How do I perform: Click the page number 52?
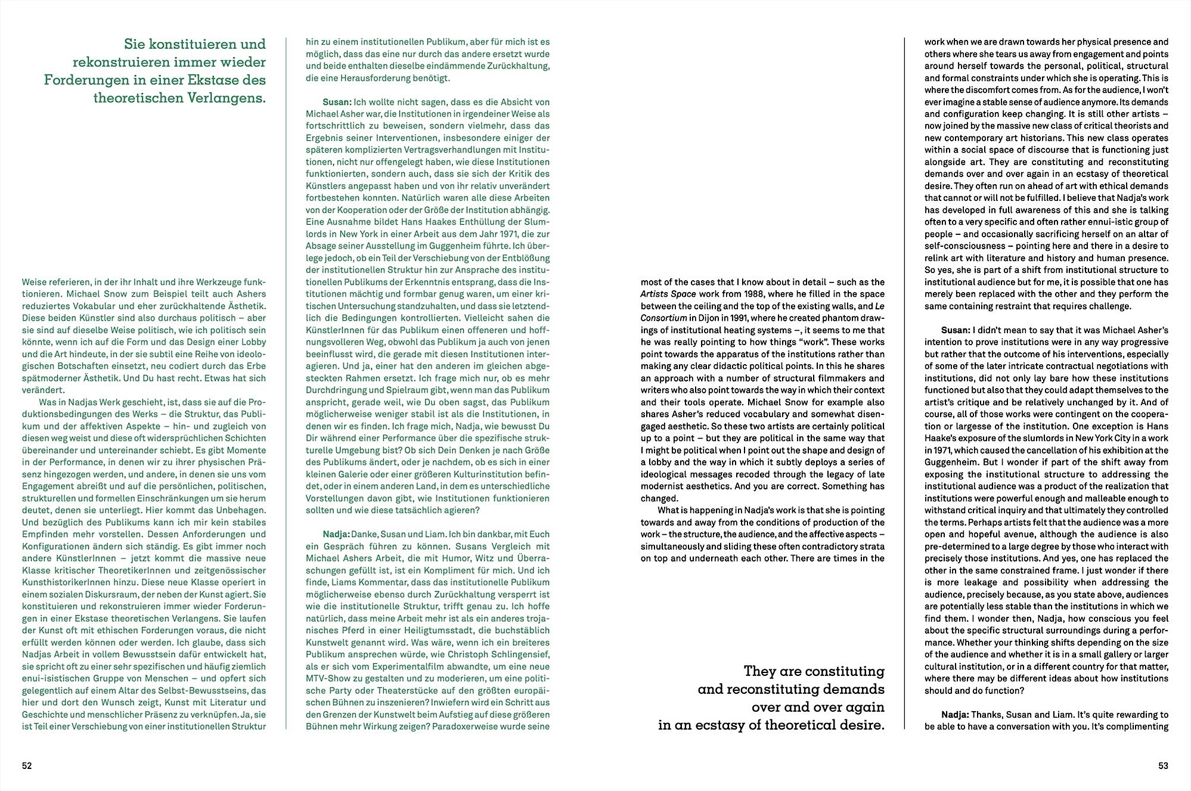click(x=27, y=766)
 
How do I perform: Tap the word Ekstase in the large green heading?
click(x=219, y=80)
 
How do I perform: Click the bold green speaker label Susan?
click(x=337, y=102)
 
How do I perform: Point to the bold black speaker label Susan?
click(x=956, y=330)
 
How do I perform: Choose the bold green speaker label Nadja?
click(x=336, y=534)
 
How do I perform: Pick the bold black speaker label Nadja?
click(x=955, y=714)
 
